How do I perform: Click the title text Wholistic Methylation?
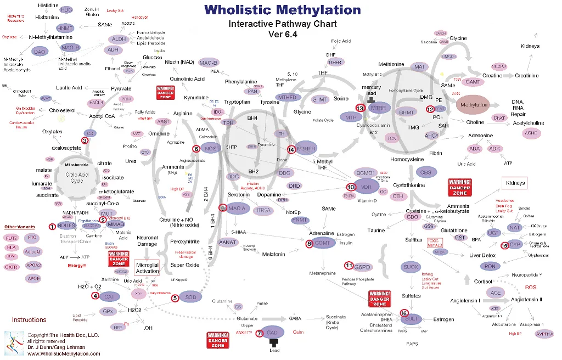283,10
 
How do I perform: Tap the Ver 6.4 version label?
283,34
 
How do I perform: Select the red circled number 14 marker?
291,149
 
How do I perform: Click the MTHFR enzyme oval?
307,149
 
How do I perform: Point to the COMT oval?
323,243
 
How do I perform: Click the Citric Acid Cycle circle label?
77,178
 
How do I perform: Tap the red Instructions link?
29,319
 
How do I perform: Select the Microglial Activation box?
147,268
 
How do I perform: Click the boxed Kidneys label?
515,183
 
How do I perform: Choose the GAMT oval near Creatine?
473,82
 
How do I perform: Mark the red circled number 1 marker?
52,226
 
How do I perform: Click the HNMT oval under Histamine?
65,29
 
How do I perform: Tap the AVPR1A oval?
544,334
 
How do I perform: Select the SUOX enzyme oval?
411,267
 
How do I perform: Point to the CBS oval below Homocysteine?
426,172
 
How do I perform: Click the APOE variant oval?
33,278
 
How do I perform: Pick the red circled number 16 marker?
404,313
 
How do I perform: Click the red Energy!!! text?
77,266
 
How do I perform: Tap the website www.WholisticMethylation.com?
64,354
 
